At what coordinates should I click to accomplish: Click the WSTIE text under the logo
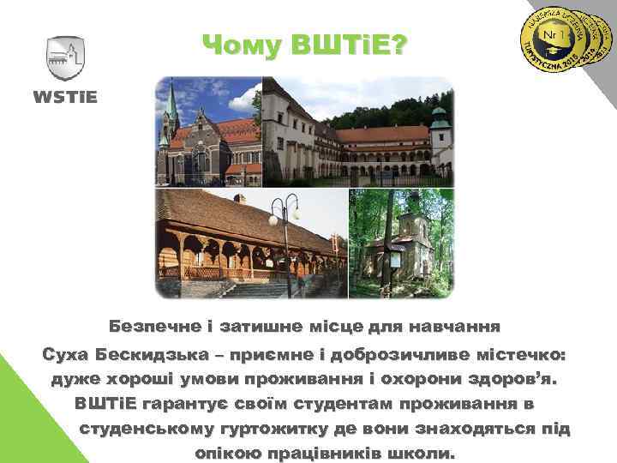click(x=65, y=95)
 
